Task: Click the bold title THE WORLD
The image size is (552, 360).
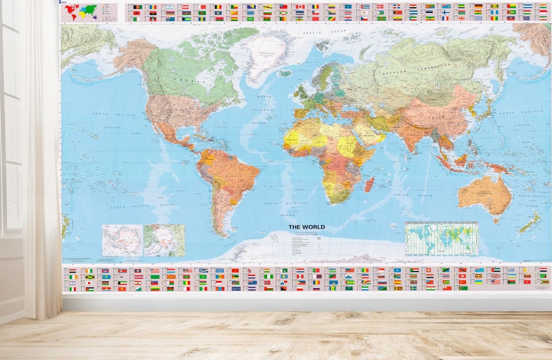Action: pos(307,227)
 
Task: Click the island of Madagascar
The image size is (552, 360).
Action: pos(369,184)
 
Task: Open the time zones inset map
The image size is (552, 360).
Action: pos(441,238)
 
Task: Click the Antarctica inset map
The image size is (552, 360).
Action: pos(122,240)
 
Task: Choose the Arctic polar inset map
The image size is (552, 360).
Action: pos(164,240)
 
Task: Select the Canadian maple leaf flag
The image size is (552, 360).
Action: pos(300,7)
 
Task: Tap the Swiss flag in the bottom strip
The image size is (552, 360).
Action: pos(429,270)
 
